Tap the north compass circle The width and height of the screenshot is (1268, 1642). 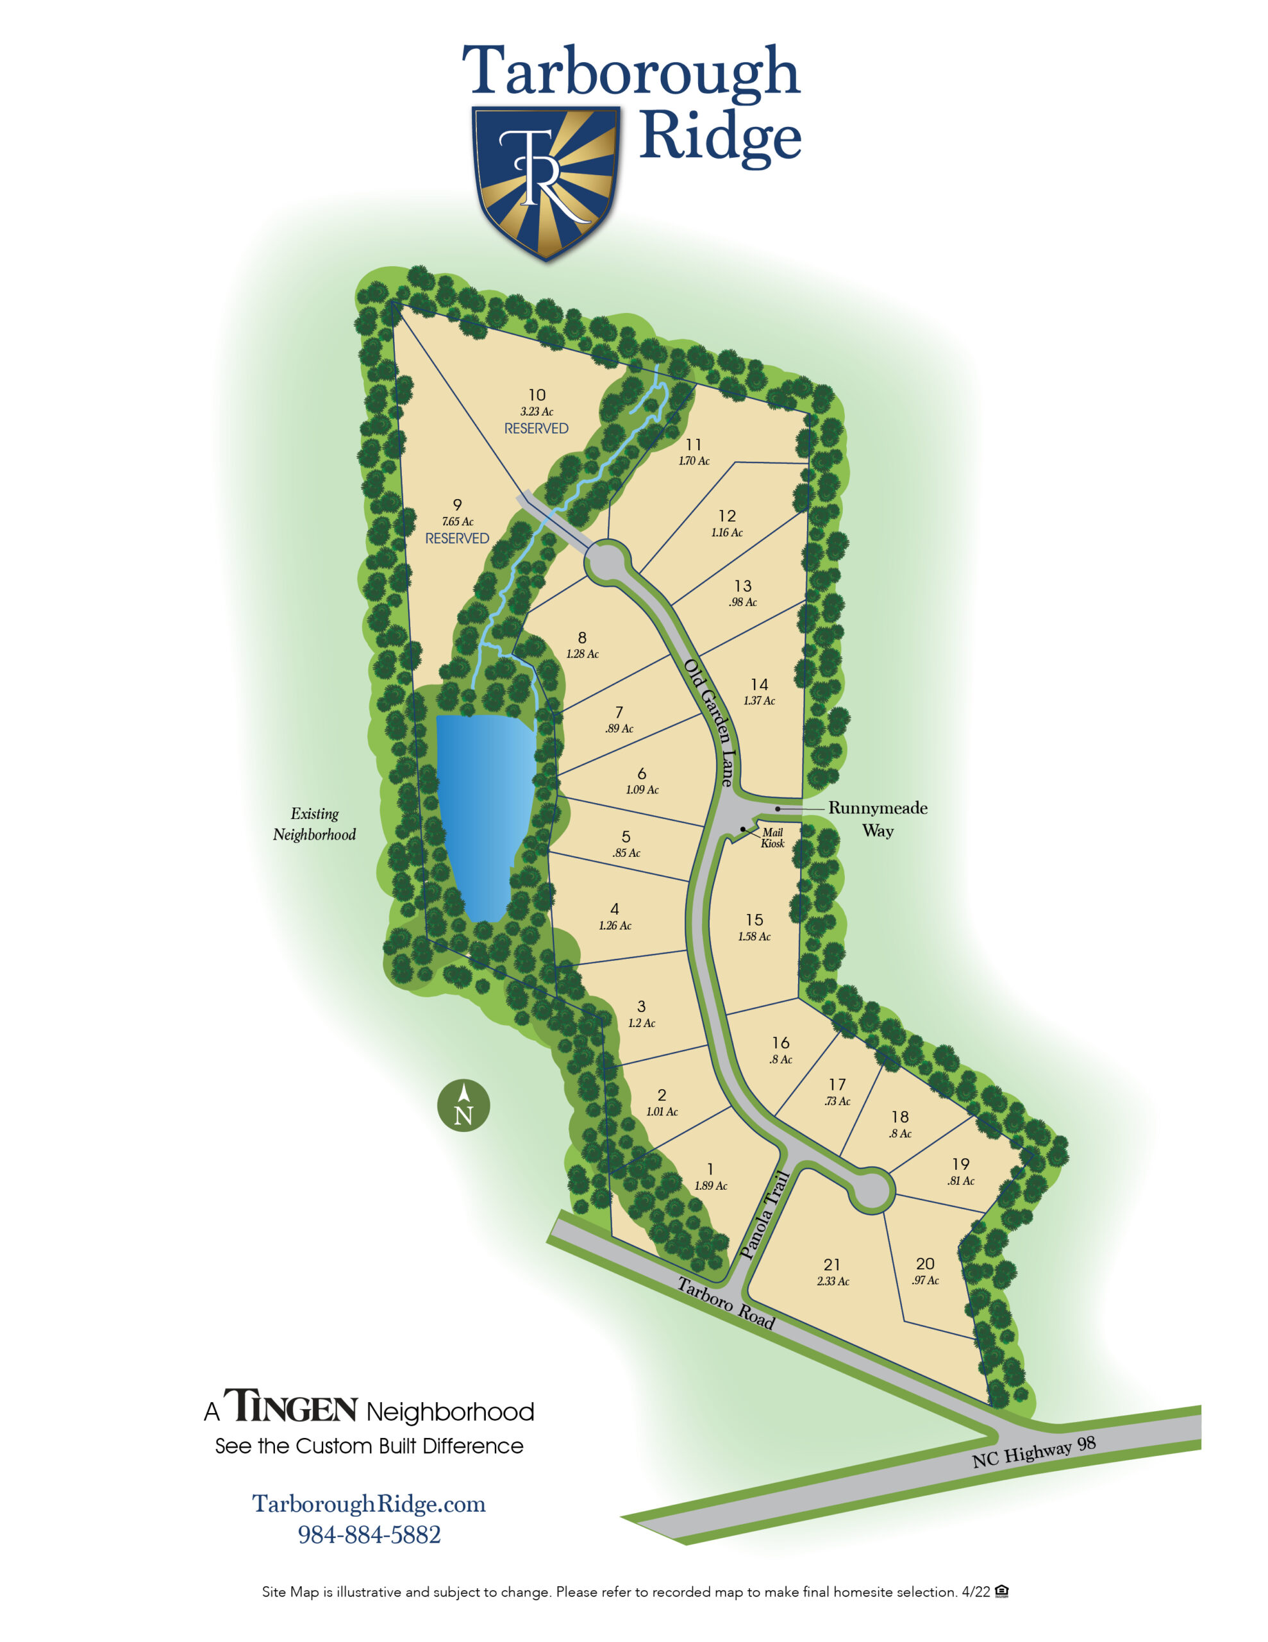(463, 1105)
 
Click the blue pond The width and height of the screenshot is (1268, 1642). (483, 812)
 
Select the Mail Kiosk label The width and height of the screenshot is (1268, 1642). (772, 838)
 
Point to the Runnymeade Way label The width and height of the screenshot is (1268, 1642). (877, 818)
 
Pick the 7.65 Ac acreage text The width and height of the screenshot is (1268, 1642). (457, 521)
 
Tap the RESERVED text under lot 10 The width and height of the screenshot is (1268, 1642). (536, 428)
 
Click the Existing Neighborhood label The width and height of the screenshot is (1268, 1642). (314, 824)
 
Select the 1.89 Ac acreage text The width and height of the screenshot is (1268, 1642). (710, 1185)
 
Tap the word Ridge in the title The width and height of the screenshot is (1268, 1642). (719, 137)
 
